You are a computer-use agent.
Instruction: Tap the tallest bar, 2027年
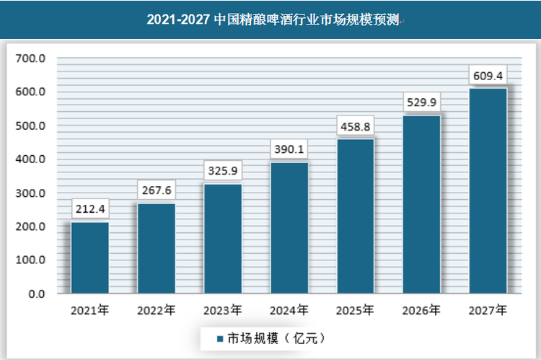pos(488,191)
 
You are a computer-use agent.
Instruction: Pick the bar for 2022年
pos(156,248)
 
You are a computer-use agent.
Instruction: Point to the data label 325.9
pos(222,172)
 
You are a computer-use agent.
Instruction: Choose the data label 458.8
pos(356,127)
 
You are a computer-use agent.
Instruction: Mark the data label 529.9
pos(422,102)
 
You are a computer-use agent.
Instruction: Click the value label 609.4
pos(488,75)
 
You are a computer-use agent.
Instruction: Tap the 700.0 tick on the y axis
pos(31,58)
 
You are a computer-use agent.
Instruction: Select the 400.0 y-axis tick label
pos(31,159)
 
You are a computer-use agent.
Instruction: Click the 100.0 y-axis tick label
pos(31,260)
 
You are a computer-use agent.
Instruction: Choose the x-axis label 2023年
pos(222,311)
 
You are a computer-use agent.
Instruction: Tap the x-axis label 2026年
pos(421,311)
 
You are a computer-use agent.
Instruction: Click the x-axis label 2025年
pos(355,311)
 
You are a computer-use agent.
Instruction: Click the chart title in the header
pos(270,19)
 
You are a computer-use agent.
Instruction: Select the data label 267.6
pos(157,191)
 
